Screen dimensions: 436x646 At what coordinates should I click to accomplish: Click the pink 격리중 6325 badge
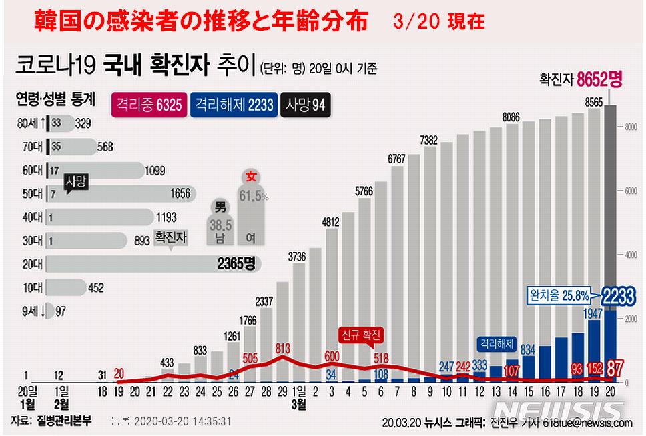[x=149, y=105]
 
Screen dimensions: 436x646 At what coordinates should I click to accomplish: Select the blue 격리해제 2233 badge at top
[x=233, y=105]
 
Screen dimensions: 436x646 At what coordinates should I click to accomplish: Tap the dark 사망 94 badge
[x=306, y=105]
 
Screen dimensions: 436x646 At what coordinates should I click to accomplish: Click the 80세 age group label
[x=32, y=123]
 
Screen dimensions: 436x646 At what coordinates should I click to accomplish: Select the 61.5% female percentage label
[x=254, y=197]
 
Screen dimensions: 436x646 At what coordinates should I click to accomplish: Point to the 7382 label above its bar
[x=428, y=139]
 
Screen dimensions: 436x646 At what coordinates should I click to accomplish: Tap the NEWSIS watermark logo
[x=563, y=408]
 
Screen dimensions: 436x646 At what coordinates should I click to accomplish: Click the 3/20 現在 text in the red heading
[x=440, y=23]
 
